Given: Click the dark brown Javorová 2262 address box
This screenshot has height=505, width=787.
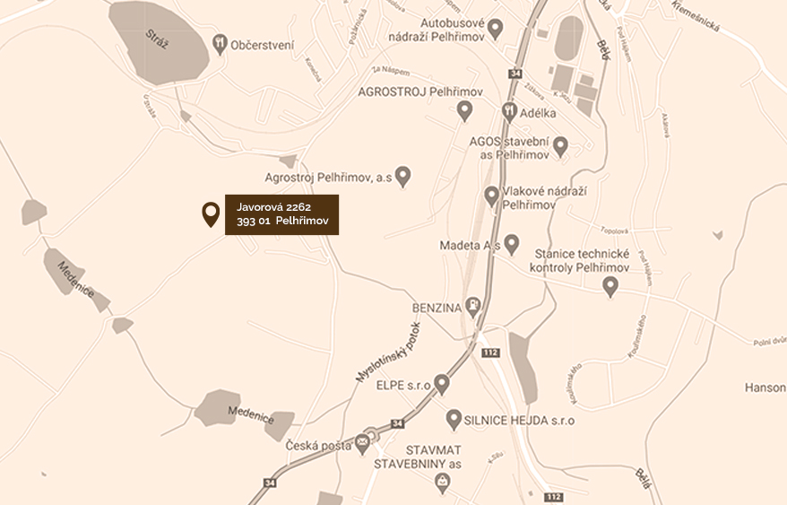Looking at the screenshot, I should [281, 214].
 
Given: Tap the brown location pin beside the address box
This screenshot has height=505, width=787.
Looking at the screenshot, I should [211, 213].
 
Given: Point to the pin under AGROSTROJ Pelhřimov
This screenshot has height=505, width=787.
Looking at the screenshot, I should [464, 109].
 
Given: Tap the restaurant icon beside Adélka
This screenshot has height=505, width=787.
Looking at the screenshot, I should [509, 112].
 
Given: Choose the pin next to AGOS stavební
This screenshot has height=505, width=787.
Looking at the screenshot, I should [560, 144].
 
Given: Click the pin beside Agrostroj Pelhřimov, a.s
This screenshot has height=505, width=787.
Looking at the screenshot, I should [403, 176].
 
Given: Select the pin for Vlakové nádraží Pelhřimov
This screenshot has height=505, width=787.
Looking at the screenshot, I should [491, 195].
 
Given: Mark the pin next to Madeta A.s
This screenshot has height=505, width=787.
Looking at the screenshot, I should [511, 243].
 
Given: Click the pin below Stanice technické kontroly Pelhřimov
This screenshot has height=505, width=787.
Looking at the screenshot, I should [610, 286].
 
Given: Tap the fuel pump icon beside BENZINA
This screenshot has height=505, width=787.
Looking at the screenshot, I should [472, 308].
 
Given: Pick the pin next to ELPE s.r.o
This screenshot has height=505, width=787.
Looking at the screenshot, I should [442, 383].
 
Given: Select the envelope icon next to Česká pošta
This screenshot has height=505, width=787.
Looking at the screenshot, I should [361, 442].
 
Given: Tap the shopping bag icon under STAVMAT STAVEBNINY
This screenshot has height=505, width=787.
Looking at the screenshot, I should [442, 483].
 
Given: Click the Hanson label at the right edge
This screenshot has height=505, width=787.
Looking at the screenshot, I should [765, 387].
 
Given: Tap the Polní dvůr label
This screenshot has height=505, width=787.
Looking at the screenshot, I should [768, 342].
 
